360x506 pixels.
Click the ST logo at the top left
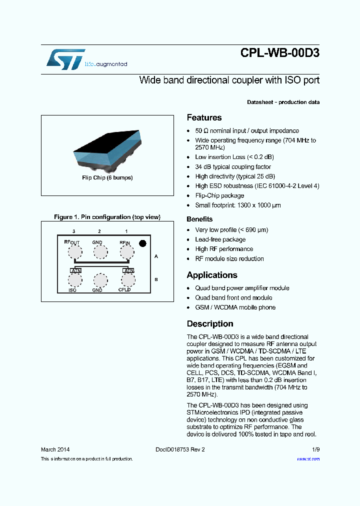pyautogui.click(x=65, y=59)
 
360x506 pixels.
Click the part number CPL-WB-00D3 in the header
pyautogui.click(x=279, y=53)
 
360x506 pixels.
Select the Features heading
pyautogui.click(x=204, y=118)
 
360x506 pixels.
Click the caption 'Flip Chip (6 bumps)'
pyautogui.click(x=107, y=177)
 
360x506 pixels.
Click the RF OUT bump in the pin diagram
pyautogui.click(x=75, y=252)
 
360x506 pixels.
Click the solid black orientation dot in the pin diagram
pyautogui.click(x=142, y=243)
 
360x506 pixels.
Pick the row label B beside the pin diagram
pyautogui.click(x=156, y=279)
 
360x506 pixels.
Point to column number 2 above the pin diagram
pyautogui.click(x=99, y=231)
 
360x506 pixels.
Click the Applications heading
pyautogui.click(x=212, y=275)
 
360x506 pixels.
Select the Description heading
pyautogui.click(x=210, y=324)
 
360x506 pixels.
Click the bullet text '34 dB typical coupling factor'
pyautogui.click(x=233, y=167)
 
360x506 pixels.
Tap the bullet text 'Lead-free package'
pyautogui.click(x=220, y=239)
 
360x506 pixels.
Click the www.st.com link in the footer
pyautogui.click(x=308, y=459)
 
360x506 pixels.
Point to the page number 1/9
pyautogui.click(x=315, y=449)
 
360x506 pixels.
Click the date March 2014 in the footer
pyautogui.click(x=55, y=449)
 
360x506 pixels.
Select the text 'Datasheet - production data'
pyautogui.click(x=283, y=102)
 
